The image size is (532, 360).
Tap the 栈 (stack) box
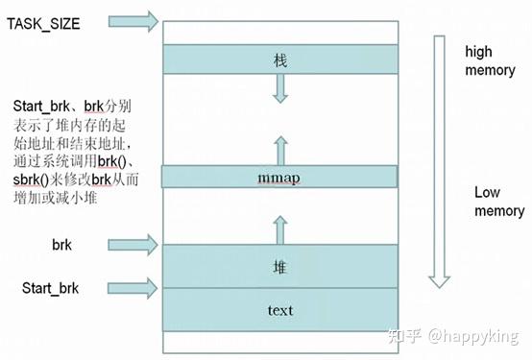(x=279, y=60)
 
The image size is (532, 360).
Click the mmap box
(x=279, y=177)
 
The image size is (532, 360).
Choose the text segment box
(x=279, y=309)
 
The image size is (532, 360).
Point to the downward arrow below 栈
(x=280, y=89)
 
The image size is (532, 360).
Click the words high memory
(x=491, y=60)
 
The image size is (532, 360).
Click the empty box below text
(x=279, y=341)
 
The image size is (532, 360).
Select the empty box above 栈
(x=279, y=32)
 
